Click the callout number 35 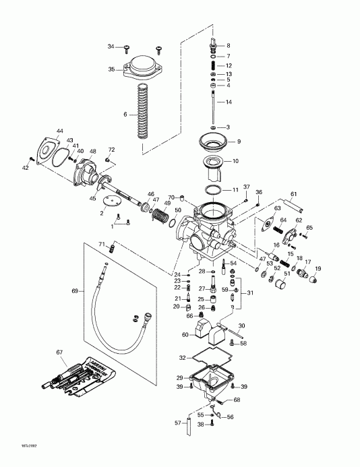click(112, 69)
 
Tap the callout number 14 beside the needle click(229, 102)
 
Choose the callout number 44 click(60, 130)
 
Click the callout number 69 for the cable click(76, 291)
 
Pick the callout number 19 click(319, 269)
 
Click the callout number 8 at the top click(229, 45)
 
